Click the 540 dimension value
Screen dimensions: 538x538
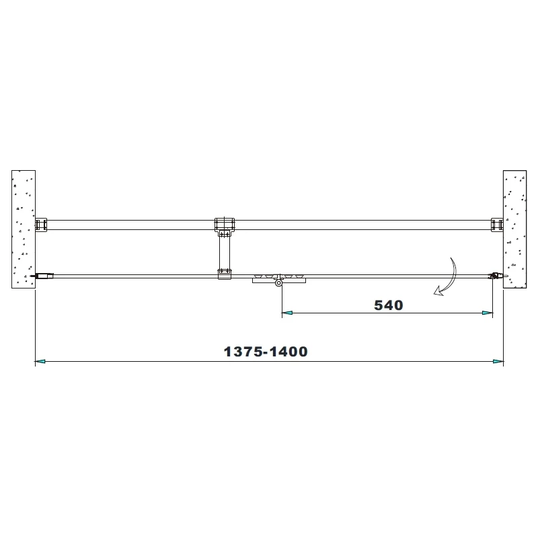(x=388, y=305)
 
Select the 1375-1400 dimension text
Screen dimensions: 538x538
(x=266, y=352)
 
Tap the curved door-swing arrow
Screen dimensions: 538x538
(x=447, y=277)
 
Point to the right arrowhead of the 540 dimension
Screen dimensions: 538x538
(x=488, y=313)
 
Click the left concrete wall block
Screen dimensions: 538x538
(x=24, y=229)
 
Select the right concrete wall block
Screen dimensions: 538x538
(x=515, y=229)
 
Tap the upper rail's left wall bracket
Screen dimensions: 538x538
(x=41, y=225)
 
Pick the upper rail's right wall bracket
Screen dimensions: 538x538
(x=497, y=225)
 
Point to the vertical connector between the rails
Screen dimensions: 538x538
(x=225, y=252)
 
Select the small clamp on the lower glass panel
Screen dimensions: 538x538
(x=225, y=273)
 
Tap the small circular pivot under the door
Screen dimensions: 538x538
(x=278, y=284)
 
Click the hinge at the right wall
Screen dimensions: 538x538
(x=496, y=275)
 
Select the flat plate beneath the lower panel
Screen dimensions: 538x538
(x=277, y=280)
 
